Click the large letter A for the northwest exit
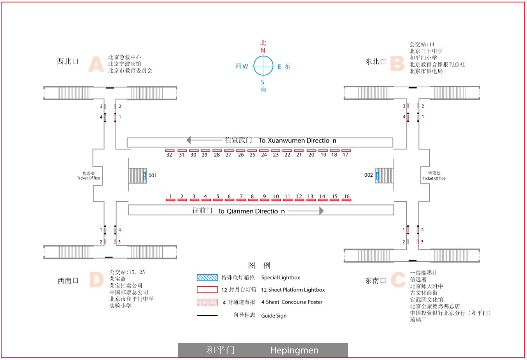tap(96, 64)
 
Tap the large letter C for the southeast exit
tap(398, 280)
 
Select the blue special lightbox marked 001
tap(145, 175)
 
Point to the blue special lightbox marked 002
tap(377, 175)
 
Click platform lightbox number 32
tap(170, 150)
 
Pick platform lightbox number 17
tap(346, 150)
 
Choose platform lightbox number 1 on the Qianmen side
tap(171, 200)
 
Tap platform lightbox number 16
tap(347, 200)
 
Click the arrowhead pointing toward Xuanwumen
tap(188, 140)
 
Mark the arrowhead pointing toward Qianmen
tap(321, 211)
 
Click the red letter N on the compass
tap(263, 51)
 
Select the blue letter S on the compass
tap(262, 82)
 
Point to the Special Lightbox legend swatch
tap(207, 278)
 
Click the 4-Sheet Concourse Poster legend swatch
tap(207, 302)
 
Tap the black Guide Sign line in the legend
tap(207, 316)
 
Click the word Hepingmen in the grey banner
tap(294, 351)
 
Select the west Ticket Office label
tap(89, 175)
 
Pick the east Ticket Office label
tap(434, 175)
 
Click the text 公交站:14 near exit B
tap(422, 44)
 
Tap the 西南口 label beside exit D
tap(68, 281)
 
